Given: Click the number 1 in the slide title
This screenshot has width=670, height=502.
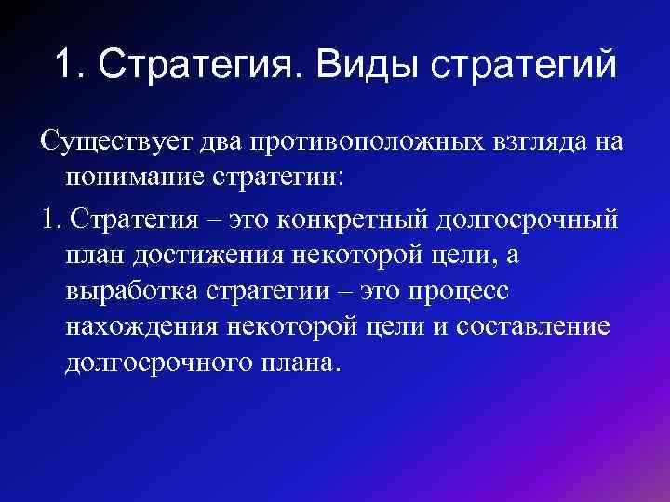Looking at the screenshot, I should click(x=63, y=65).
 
